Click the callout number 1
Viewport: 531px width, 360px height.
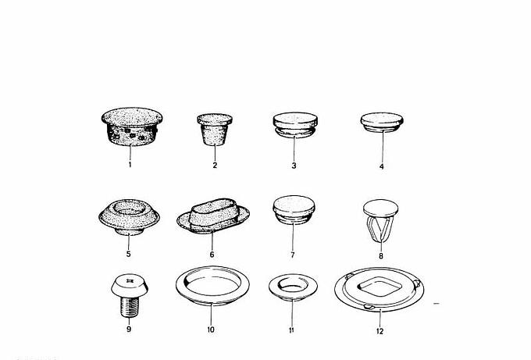pos(130,165)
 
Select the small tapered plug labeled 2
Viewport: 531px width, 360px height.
pos(215,130)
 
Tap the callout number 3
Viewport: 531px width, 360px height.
pos(294,166)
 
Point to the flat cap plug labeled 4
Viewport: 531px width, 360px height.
pos(382,122)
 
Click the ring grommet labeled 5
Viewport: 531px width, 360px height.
pos(129,217)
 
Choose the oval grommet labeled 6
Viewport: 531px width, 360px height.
pos(213,216)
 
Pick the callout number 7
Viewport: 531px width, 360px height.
pos(293,255)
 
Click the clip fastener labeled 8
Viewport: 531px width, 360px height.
pos(380,220)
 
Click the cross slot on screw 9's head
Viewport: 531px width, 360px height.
pos(129,280)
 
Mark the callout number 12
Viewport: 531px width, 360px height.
pos(380,331)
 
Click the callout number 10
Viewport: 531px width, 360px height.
pos(211,330)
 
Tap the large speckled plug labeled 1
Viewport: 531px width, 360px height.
pos(132,127)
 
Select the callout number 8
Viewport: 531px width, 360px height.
pos(381,256)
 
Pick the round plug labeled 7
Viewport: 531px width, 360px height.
pos(294,209)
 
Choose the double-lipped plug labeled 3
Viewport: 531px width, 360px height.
pos(295,125)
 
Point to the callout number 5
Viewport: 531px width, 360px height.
pos(128,254)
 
